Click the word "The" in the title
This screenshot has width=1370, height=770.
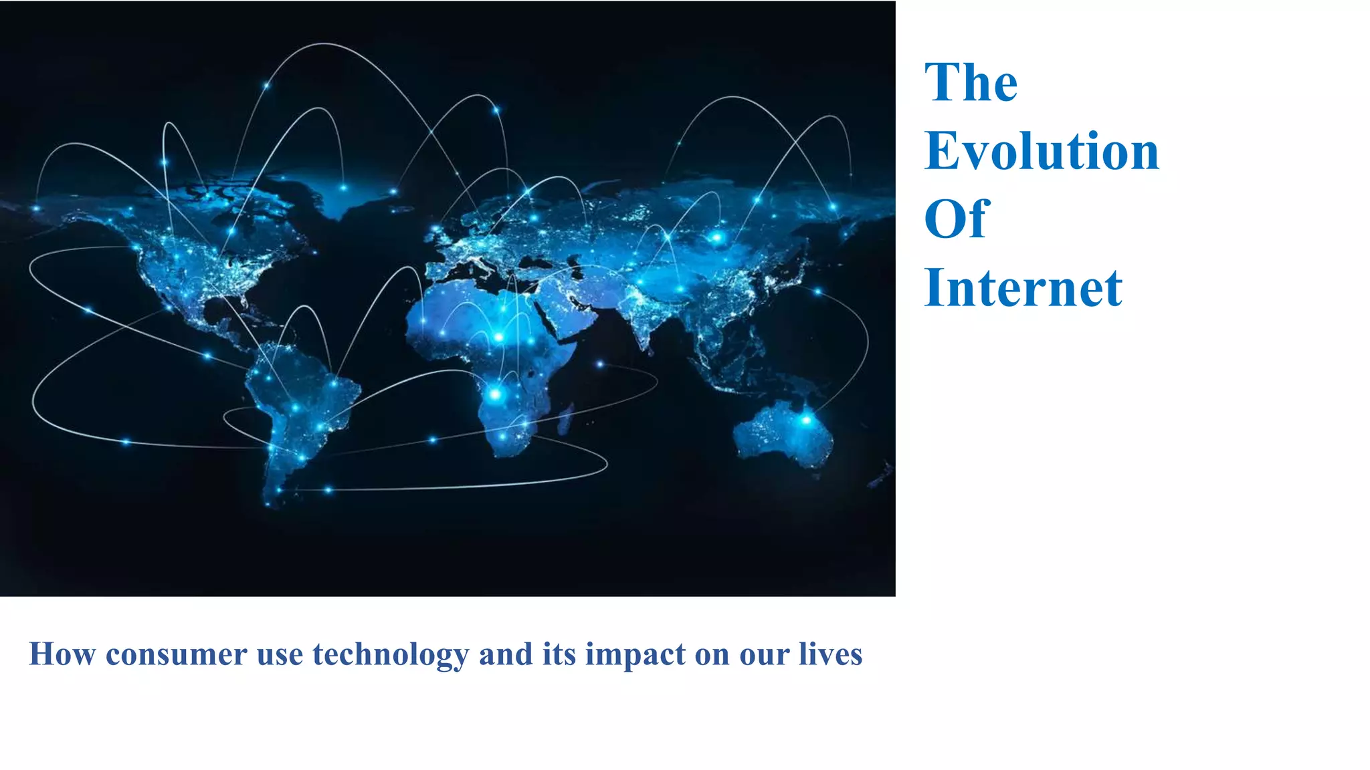click(971, 82)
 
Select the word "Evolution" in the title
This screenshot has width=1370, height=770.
click(1042, 151)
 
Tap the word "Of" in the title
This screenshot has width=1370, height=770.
click(956, 219)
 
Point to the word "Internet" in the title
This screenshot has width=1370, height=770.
click(1023, 288)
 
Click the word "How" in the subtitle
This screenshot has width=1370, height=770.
click(62, 654)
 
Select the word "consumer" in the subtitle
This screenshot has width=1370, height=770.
click(177, 654)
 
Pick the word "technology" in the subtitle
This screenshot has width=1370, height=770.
click(391, 655)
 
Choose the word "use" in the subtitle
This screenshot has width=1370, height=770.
click(280, 654)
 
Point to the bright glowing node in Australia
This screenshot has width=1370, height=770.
click(807, 420)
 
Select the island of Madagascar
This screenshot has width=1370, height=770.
click(565, 418)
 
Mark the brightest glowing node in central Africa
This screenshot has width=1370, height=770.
click(495, 394)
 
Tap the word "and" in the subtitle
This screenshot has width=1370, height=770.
click(506, 654)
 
